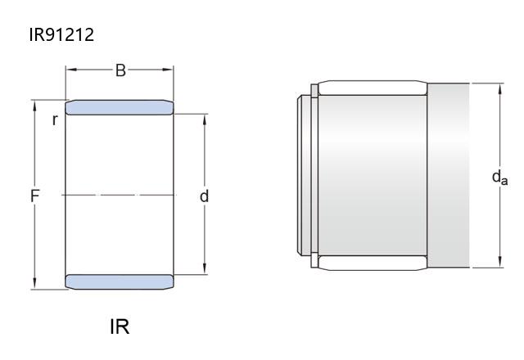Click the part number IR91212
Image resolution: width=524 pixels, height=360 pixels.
[x=61, y=34]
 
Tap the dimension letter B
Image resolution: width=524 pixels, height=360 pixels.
[x=120, y=70]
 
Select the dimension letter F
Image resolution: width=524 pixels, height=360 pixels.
[x=34, y=196]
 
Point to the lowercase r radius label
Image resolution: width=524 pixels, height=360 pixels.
[x=55, y=120]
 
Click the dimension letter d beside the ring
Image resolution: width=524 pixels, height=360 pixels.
[x=204, y=196]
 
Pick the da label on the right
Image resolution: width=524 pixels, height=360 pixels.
[x=499, y=177]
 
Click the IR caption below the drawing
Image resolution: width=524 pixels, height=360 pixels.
[x=120, y=326]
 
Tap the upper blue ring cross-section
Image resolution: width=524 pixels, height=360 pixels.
[x=120, y=107]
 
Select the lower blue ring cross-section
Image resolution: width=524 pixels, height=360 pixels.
[x=120, y=281]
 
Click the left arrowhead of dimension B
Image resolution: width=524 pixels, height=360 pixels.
[x=70, y=70]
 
